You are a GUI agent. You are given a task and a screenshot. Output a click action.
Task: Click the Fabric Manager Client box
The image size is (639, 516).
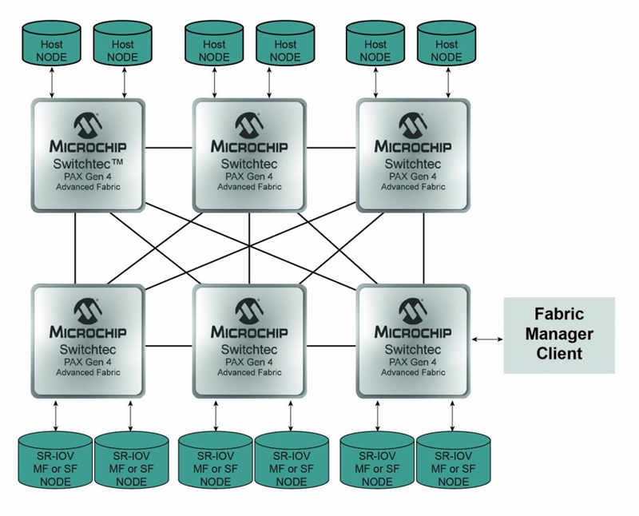click(559, 335)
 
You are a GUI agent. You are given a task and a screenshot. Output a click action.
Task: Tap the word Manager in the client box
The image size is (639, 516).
click(559, 334)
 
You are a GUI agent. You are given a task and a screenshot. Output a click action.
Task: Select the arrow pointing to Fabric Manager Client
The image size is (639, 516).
click(487, 339)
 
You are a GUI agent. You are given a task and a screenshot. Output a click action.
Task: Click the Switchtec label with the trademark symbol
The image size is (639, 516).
click(88, 164)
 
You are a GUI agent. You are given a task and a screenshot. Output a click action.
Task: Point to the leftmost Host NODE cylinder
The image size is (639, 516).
click(51, 43)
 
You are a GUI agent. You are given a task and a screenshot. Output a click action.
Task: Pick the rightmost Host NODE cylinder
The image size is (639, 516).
click(447, 43)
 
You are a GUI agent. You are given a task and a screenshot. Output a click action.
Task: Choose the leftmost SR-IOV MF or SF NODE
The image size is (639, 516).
click(55, 460)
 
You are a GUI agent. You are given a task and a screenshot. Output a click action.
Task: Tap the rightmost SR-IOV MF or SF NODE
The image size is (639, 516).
click(453, 460)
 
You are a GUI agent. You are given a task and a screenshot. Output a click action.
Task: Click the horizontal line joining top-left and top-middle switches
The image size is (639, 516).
click(169, 148)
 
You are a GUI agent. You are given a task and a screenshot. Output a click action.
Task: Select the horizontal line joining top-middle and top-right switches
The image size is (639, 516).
click(331, 148)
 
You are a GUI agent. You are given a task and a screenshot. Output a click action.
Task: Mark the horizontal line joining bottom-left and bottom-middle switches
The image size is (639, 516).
click(169, 346)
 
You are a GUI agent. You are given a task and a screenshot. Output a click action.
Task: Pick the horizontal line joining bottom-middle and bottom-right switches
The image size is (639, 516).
click(331, 346)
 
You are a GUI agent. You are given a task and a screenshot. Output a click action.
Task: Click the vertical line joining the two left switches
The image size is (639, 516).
click(75, 248)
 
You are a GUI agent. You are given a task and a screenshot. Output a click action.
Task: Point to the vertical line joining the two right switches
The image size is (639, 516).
click(424, 248)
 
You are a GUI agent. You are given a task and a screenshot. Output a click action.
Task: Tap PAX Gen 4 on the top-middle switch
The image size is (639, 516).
click(249, 177)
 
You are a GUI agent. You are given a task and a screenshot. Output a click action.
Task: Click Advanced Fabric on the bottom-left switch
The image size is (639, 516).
click(88, 372)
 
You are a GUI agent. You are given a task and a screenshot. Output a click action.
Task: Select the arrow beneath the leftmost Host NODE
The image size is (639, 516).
click(52, 83)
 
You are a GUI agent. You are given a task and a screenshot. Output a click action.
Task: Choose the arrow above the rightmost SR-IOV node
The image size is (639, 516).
click(452, 415)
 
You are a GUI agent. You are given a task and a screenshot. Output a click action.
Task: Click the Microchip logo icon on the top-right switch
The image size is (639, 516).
click(413, 125)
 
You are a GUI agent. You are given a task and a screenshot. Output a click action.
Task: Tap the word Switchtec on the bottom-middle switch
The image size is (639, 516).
click(249, 350)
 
